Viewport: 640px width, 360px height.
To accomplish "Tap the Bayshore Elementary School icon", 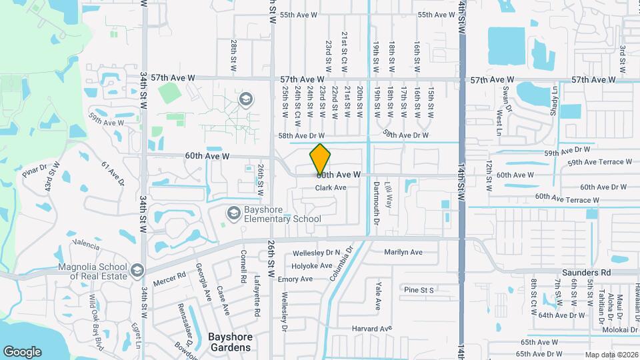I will coord(233,213).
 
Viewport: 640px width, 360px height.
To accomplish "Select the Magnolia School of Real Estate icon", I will coord(137,270).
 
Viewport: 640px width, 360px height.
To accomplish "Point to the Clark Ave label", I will coord(331,188).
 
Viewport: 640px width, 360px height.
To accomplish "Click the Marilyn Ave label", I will coord(403,252).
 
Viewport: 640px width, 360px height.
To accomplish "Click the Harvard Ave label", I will coord(371,329).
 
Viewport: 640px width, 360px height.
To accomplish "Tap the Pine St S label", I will coord(419,290).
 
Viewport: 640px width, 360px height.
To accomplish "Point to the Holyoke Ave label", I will coord(313,266).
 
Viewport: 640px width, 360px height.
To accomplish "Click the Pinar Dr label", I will coord(32,173).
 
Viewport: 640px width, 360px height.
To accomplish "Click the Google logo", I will coord(22,351).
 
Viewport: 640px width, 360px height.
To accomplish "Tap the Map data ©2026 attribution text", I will coord(611,355).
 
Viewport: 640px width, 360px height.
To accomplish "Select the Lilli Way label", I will coord(389,198).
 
